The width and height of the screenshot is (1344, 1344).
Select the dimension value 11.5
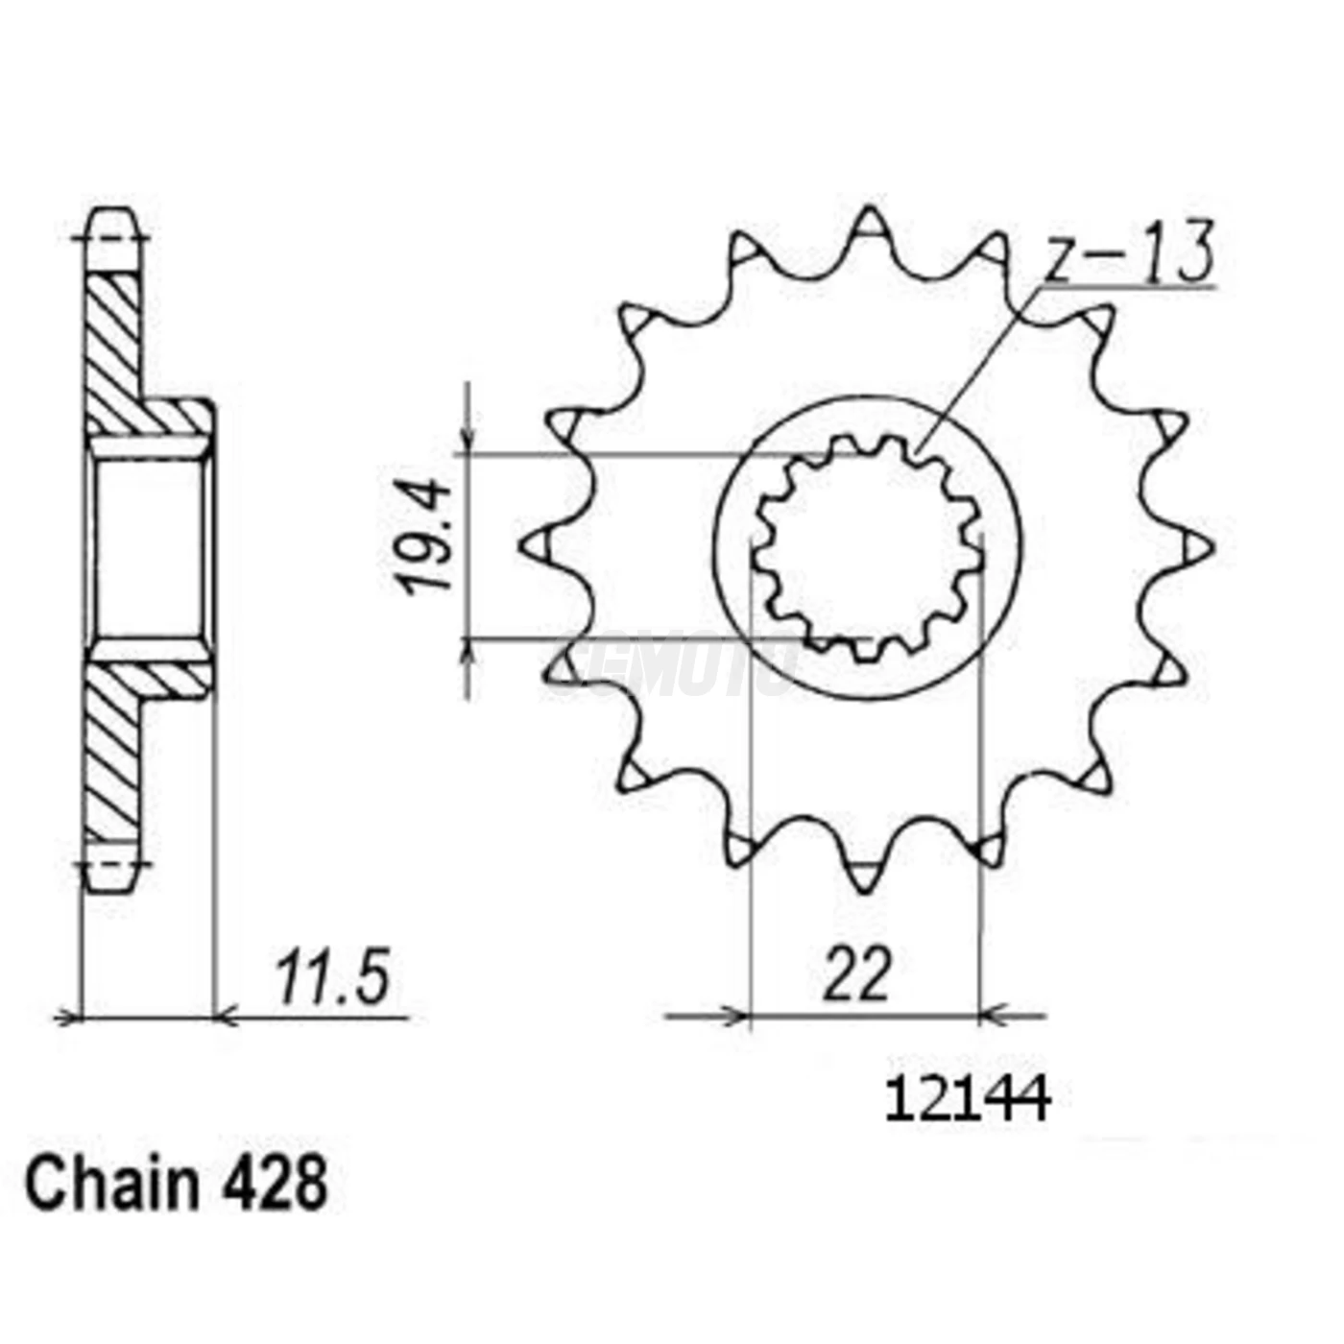point(333,979)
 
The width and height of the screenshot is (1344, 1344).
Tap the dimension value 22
point(856,975)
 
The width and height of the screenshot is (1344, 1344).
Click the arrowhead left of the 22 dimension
point(734,1015)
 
